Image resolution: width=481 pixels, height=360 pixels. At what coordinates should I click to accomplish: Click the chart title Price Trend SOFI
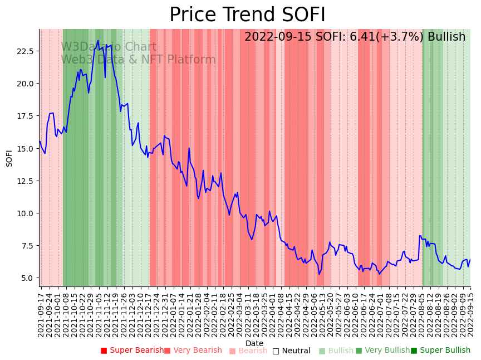247,15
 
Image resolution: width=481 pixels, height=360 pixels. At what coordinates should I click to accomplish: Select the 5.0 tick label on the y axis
27,278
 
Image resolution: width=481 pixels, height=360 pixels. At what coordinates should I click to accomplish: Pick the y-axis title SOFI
9,158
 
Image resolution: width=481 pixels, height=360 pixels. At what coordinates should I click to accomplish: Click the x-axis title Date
254,343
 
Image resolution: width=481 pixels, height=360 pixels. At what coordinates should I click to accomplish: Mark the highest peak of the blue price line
98,40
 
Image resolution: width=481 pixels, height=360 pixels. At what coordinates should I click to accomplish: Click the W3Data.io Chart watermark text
109,47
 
